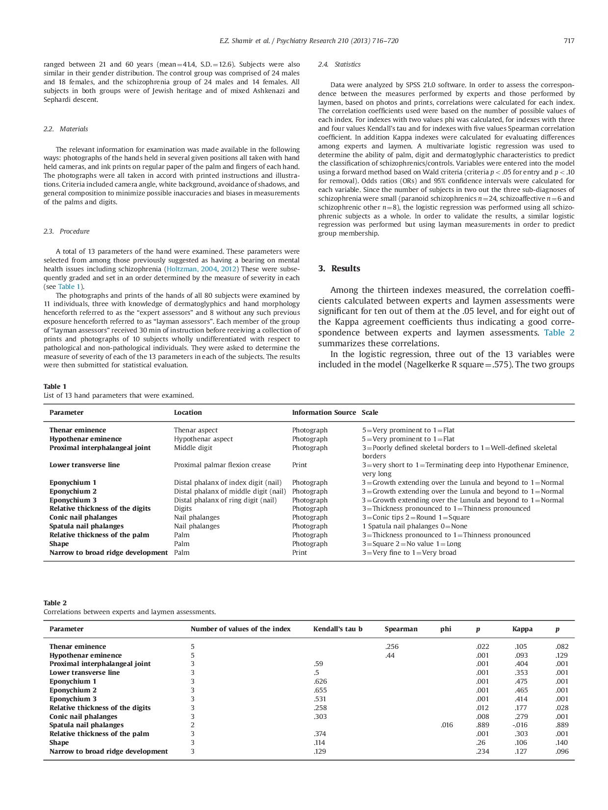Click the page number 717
tap(568, 41)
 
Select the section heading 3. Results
tap(339, 268)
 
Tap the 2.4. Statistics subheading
tap(339, 64)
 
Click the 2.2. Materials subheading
tap(66, 129)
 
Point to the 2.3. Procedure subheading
tap(66, 231)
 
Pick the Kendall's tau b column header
tap(337, 629)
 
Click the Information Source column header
tap(324, 412)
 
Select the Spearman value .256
tap(391, 646)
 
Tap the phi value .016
tap(446, 725)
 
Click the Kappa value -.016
tap(520, 725)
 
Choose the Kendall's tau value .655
tap(320, 690)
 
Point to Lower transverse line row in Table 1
tap(84, 465)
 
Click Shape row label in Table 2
tap(59, 742)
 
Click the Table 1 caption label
tap(54, 386)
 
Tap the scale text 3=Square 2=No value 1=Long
tap(411, 544)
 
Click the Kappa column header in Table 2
tap(522, 629)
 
